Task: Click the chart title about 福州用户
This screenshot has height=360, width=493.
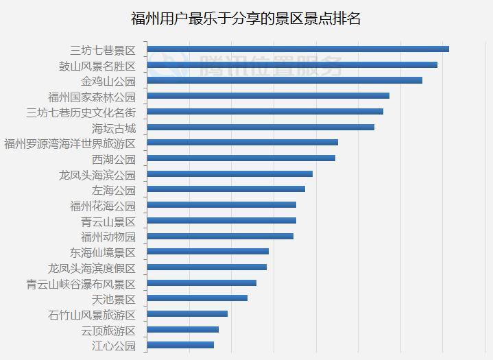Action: coord(246,18)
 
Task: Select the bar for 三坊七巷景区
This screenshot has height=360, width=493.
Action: coord(298,49)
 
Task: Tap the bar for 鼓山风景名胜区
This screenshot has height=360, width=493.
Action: coord(292,64)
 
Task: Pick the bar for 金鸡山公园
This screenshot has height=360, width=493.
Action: coord(285,80)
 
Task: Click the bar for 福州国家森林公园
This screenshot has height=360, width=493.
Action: coord(268,96)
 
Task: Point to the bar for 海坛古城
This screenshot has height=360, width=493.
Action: coord(261,127)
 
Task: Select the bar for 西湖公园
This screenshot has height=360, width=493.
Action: coord(241,158)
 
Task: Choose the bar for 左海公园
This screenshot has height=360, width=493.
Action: coord(226,189)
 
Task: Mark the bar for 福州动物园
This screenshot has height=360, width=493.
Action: coord(220,236)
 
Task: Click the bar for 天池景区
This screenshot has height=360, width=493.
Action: coord(197,298)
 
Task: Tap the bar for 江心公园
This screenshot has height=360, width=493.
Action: coord(180,345)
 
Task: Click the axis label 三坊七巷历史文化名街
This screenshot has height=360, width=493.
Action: coord(81,112)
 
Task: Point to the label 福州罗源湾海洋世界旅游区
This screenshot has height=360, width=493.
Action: coord(70,143)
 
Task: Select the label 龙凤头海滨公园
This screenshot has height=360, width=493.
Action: coord(97,175)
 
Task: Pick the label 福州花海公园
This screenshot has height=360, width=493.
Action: coord(103,206)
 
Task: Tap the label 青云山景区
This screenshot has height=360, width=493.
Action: coord(108,221)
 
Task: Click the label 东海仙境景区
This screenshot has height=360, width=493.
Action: coord(103,253)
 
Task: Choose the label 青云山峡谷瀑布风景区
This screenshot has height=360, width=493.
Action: coord(81,284)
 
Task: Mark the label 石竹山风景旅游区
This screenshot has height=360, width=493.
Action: coord(92,315)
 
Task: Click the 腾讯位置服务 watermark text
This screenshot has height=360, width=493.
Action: coord(270,66)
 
